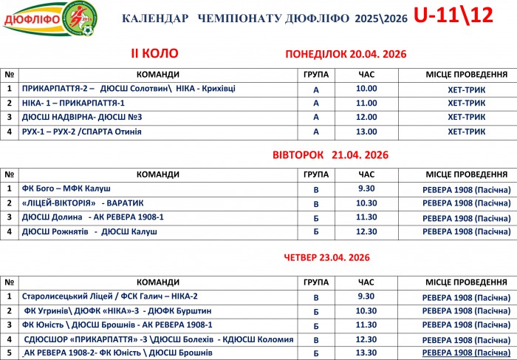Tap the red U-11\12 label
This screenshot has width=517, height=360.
(453, 16)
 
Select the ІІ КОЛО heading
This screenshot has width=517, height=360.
(154, 54)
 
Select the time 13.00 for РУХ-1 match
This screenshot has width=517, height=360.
(366, 132)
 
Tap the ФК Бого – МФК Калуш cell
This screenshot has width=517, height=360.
(67, 189)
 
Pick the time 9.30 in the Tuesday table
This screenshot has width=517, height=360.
(366, 189)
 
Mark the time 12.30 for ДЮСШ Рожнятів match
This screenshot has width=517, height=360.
(366, 232)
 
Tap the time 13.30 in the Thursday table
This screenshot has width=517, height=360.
(366, 353)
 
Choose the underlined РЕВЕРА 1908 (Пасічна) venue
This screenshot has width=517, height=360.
(466, 353)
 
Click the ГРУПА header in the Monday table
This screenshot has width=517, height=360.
(316, 75)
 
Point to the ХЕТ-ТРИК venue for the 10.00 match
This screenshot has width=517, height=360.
(466, 89)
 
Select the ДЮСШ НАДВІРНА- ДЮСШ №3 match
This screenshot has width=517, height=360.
(82, 117)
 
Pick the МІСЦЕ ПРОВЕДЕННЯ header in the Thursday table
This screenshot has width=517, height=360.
(466, 282)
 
